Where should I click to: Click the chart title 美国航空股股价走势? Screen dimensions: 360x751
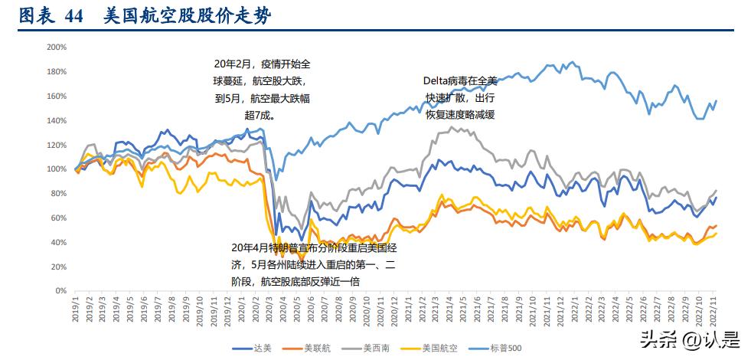click(188, 16)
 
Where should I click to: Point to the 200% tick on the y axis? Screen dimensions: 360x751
click(57, 47)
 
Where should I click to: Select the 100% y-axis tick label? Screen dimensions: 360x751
click(57, 169)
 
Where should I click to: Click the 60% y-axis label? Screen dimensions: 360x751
click(59, 218)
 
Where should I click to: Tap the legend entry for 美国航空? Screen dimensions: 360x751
click(440, 349)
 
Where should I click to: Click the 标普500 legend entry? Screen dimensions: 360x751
click(506, 349)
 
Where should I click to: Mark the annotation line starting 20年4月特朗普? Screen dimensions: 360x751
click(314, 248)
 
